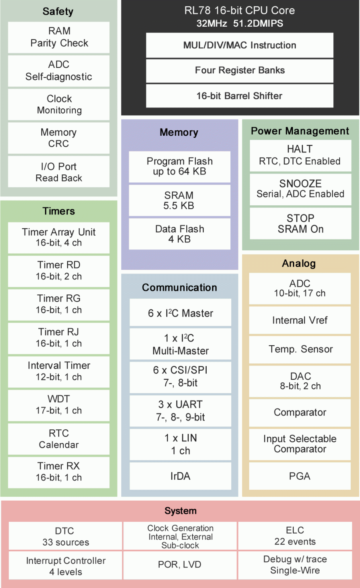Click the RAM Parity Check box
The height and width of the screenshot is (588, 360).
pos(59,37)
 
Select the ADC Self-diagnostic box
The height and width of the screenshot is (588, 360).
pos(59,71)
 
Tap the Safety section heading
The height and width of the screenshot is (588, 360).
pos(58,11)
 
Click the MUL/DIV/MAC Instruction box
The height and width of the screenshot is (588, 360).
pos(240,45)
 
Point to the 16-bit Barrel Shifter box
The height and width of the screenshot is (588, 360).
pos(240,96)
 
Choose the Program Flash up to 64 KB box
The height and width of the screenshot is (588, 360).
pos(180,167)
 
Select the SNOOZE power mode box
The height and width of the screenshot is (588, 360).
pos(300,189)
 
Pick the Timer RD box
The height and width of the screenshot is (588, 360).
pos(59,271)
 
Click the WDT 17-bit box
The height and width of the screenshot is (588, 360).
pos(59,405)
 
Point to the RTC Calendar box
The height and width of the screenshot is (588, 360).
pos(59,439)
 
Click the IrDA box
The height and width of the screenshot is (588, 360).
pos(181,476)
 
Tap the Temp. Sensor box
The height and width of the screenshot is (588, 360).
pos(300,349)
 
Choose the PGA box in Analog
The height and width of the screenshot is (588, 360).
pos(300,476)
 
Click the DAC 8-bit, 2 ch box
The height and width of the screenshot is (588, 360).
pos(300,381)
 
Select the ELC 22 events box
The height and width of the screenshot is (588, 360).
pos(295,536)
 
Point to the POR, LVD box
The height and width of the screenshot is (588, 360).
pos(180,565)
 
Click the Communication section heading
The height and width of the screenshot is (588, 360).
pos(180,288)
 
